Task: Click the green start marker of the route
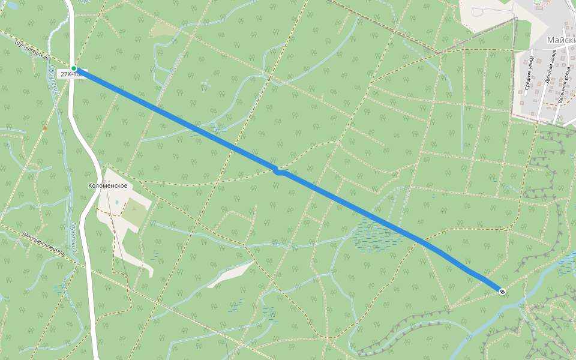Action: click(74, 68)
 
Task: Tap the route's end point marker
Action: click(502, 292)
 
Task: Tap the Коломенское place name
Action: click(107, 186)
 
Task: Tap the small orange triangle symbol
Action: click(44, 128)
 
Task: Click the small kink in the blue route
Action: click(278, 172)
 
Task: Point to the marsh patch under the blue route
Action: click(375, 234)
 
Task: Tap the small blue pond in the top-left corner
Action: click(12, 5)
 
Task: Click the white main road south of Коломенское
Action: click(90, 300)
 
